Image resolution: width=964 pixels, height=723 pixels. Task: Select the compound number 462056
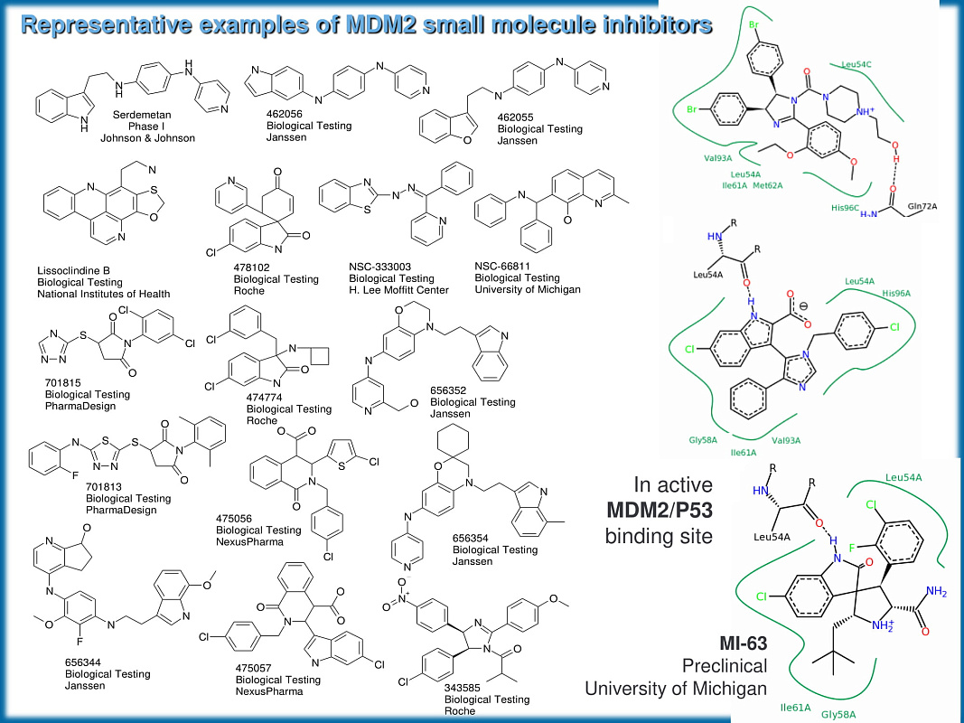click(286, 115)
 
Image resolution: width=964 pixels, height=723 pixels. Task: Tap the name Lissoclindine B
click(74, 271)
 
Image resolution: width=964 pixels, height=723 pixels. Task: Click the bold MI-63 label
click(743, 644)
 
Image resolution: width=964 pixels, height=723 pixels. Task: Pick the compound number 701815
click(63, 383)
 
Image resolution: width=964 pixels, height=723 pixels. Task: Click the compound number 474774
click(266, 398)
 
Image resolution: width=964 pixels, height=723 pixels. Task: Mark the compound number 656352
click(449, 390)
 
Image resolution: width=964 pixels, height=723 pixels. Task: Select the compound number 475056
click(235, 519)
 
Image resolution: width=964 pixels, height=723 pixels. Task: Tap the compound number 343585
click(463, 688)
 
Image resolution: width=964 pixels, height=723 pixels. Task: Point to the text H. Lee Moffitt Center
click(398, 289)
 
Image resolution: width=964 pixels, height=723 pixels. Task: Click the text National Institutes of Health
click(104, 294)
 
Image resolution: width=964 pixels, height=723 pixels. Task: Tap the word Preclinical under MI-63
click(725, 667)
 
